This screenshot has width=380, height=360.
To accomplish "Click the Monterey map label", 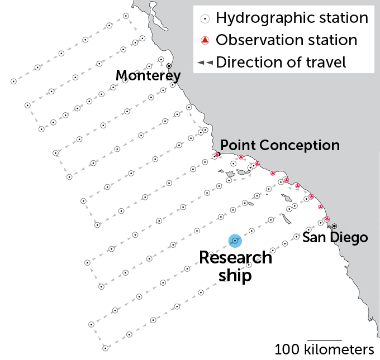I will coord(148,75).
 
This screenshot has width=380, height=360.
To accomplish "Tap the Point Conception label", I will coord(280,145).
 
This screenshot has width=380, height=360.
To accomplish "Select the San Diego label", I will coord(335,237).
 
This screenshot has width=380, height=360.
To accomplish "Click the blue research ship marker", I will coord(235,241).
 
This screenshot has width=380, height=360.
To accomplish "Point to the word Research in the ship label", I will coord(235,258).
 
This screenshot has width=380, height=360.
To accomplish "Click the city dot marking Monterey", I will coord(169,65).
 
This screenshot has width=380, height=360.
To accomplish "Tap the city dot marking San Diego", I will coord(334,226).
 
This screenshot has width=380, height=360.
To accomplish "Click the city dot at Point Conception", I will coord(218,153).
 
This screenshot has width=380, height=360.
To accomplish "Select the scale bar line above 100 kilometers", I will coord(324,340).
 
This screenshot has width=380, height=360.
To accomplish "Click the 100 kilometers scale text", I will coord(324,350).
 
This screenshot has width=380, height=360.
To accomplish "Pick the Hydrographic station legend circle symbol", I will coord(205,18).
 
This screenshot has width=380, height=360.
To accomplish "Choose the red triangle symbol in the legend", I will coord(205,40).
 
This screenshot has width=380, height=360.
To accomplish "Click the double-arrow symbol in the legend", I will coord(205,63).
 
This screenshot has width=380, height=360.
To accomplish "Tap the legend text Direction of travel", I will coord(281,62).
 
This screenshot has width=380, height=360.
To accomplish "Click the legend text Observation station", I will coord(286,40).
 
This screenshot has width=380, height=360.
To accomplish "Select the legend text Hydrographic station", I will coord(292,18).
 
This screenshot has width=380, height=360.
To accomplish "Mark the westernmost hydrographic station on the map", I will coord(13,81).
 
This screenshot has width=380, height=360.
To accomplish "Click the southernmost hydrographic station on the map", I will coord(105,348).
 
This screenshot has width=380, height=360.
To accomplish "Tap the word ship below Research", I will coord(235,275).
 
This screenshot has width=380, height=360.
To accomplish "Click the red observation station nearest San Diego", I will coord(327,219).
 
